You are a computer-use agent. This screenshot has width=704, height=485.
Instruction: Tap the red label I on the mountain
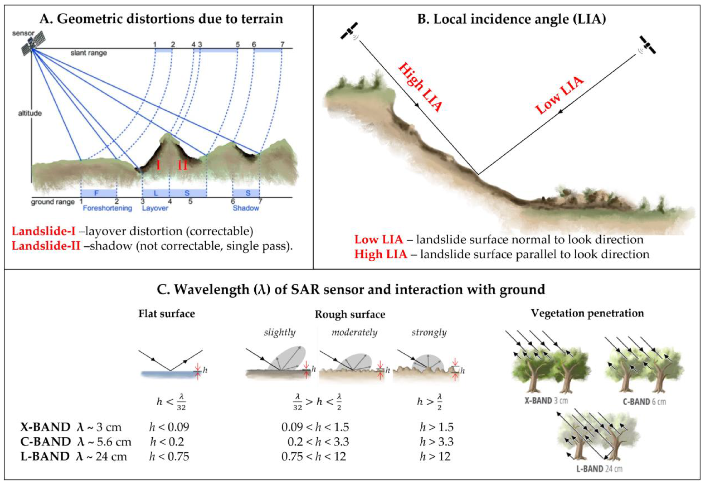(158, 165)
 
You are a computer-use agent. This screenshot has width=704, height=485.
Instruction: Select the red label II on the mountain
(182, 165)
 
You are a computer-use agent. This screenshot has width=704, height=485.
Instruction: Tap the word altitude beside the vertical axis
(30, 113)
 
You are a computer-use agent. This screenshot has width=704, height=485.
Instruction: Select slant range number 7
(282, 45)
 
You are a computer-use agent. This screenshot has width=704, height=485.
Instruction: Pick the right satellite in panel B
(647, 45)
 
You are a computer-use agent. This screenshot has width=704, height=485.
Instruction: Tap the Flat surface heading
(167, 314)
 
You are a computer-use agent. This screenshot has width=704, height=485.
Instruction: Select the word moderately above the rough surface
(354, 332)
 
